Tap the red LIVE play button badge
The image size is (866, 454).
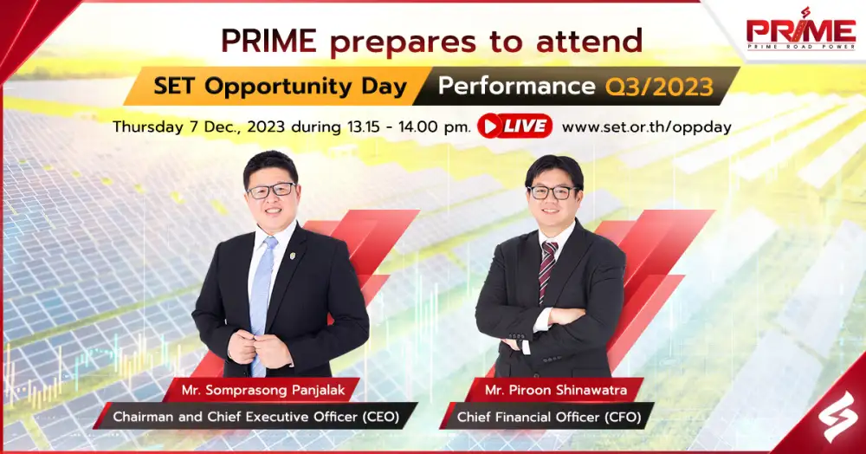514,126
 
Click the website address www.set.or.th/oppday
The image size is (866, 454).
647,127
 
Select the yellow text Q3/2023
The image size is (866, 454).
659,87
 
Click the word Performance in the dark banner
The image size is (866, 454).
516,86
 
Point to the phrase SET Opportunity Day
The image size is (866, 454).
281,87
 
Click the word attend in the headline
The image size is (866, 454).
589,41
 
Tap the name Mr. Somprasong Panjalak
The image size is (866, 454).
263,390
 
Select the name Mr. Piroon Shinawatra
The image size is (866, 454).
556,390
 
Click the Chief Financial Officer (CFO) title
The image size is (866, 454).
549,417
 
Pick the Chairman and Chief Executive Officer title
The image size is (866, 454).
255,417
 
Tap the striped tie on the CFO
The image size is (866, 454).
546,270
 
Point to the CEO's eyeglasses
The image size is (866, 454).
271,191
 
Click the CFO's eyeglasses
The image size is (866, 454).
552,192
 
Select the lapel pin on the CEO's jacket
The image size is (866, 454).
293,256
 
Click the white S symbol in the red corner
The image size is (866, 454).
837,416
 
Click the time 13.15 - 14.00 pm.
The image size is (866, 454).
410,127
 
